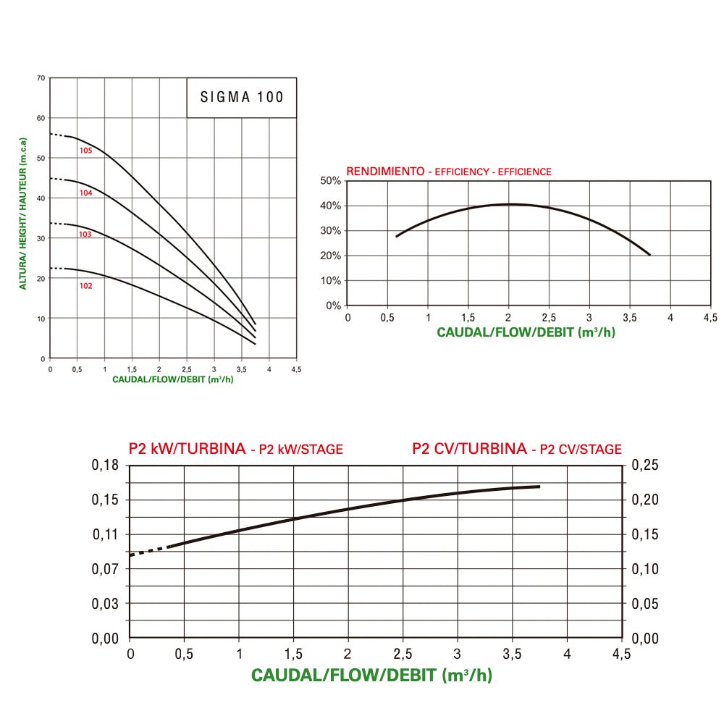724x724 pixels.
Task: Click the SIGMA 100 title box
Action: coord(241,97)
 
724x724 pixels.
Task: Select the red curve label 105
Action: coord(85,151)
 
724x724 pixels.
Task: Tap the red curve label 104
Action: coord(85,193)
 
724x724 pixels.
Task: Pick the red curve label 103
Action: coord(85,235)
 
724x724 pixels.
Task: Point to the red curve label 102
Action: coord(85,286)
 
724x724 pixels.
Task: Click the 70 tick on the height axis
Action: coord(41,77)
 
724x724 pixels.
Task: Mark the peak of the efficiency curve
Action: coord(510,204)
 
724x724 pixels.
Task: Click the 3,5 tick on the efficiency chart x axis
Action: coord(630,317)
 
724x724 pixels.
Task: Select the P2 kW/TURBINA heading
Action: coord(187,449)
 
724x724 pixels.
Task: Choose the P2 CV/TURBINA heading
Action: coord(469,449)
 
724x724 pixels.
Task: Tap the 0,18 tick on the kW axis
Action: coord(106,465)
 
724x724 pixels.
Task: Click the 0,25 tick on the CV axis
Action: coord(645,465)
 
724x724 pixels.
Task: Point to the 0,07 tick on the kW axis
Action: coord(106,569)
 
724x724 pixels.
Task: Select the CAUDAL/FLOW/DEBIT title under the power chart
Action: coord(371,675)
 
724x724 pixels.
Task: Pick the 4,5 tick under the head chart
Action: coord(296,369)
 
